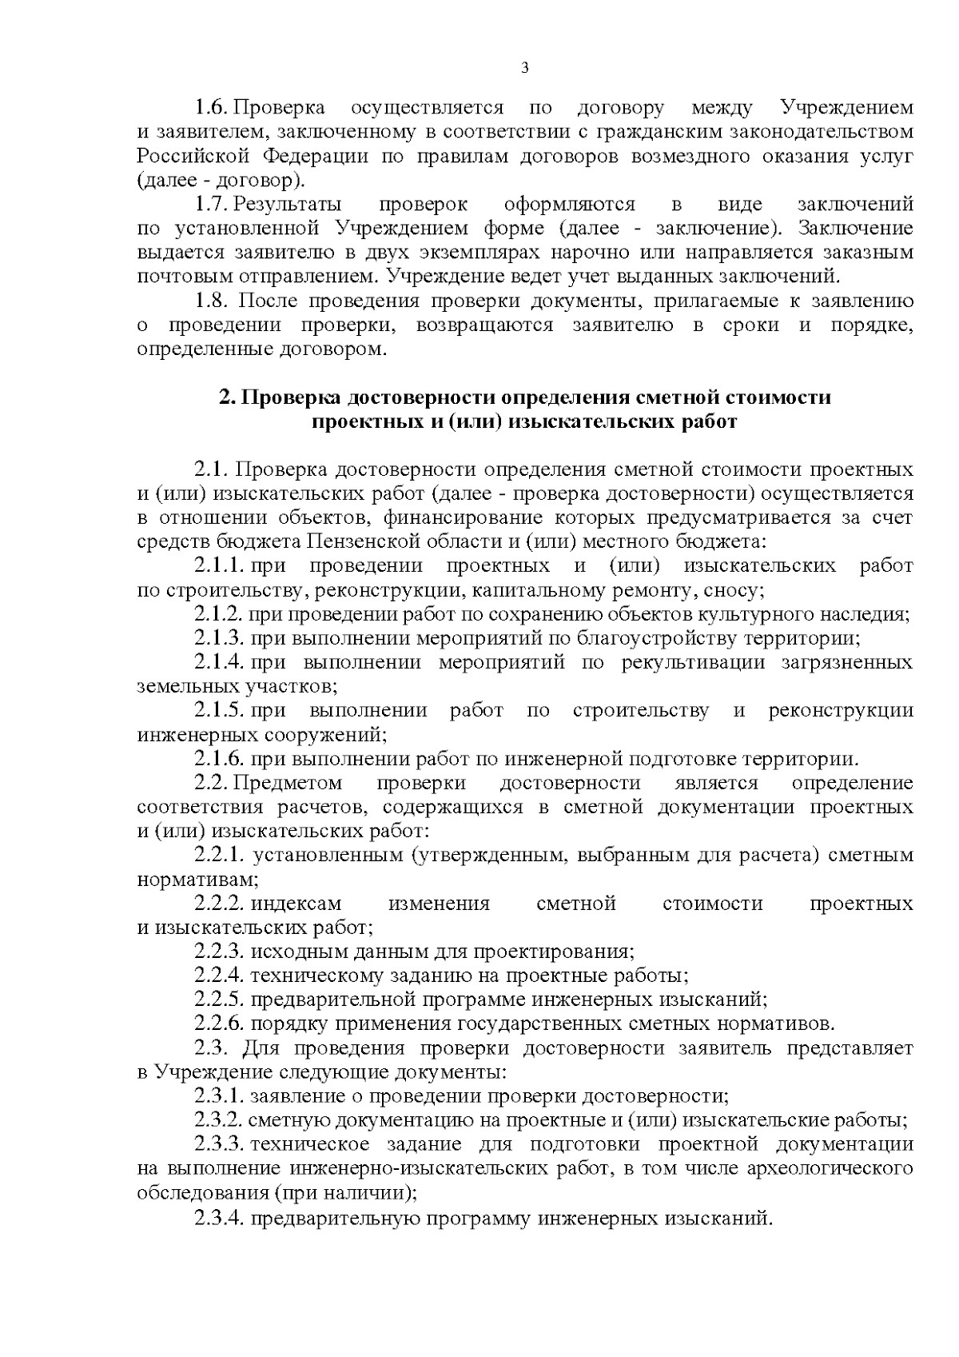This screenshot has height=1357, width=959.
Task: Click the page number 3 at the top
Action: [524, 68]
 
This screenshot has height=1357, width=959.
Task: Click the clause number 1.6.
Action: [212, 108]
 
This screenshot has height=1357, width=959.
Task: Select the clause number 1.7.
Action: [212, 205]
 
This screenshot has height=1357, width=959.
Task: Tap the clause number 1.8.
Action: [212, 301]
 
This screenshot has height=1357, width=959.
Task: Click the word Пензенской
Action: [372, 542]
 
